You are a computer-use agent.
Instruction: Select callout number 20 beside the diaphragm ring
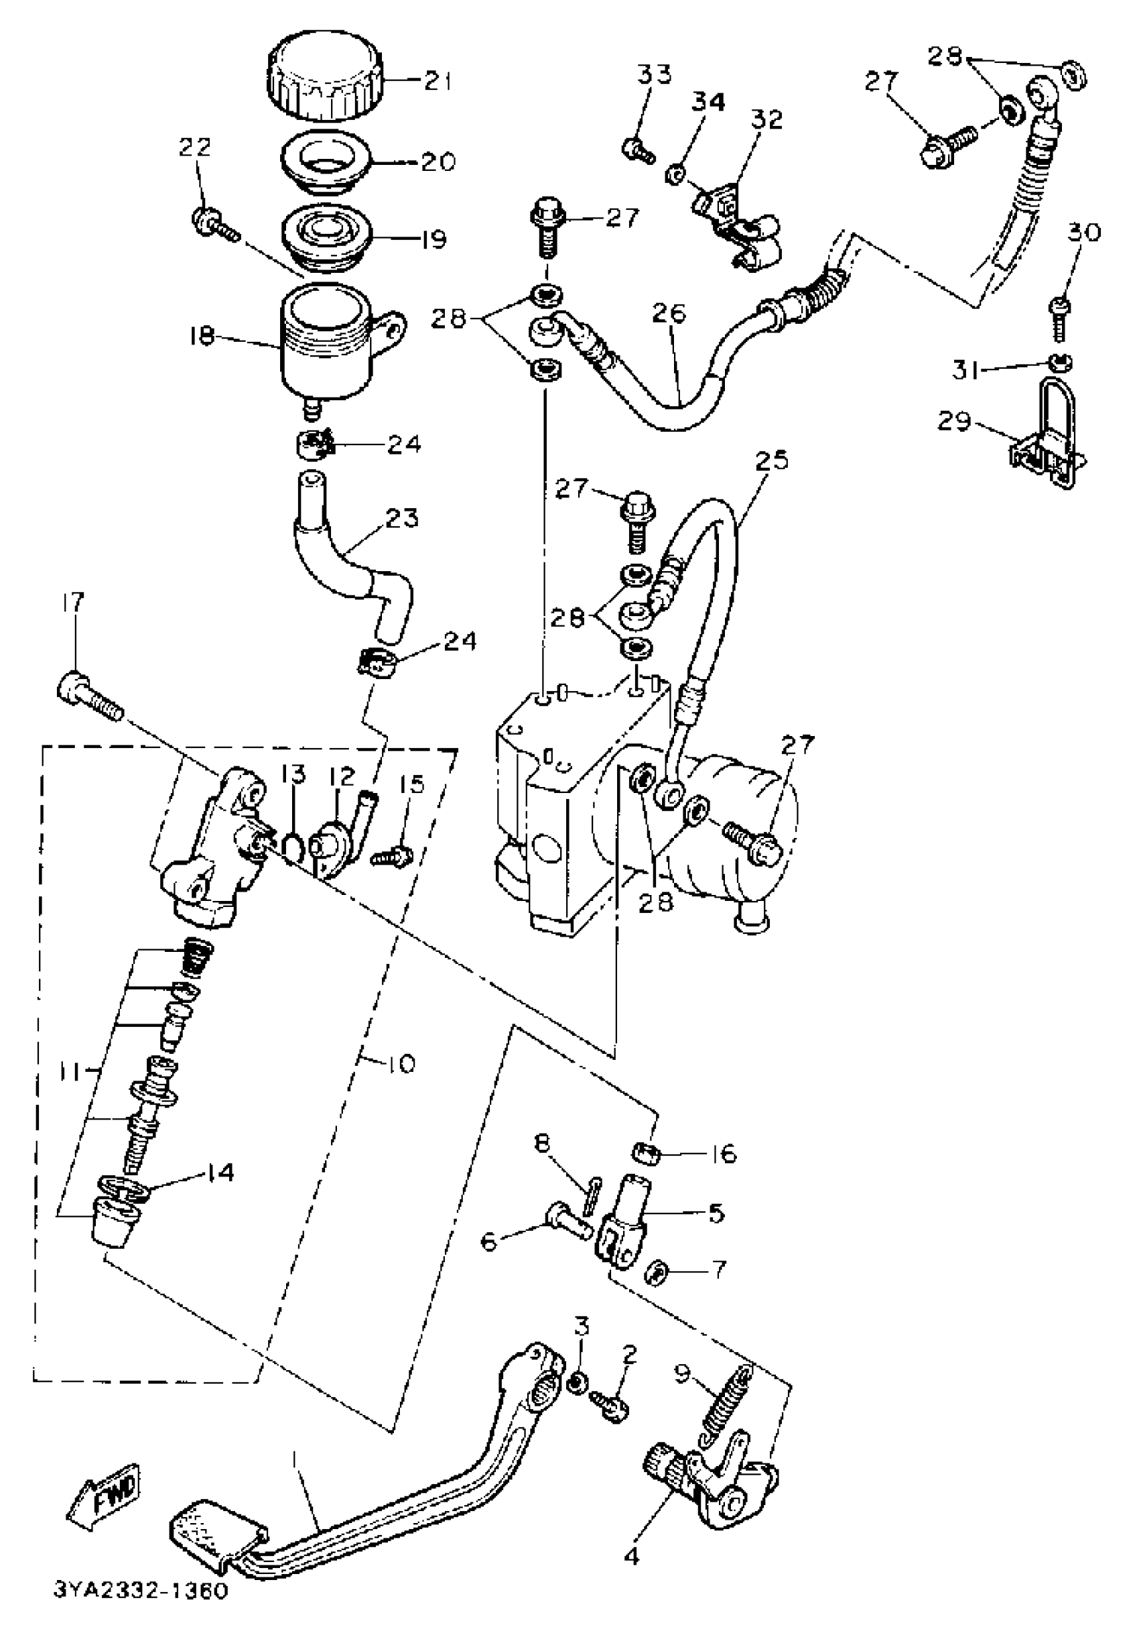(438, 162)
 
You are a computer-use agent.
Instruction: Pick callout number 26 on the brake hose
(668, 313)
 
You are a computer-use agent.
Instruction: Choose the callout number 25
(771, 461)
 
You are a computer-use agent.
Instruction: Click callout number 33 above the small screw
(653, 73)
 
